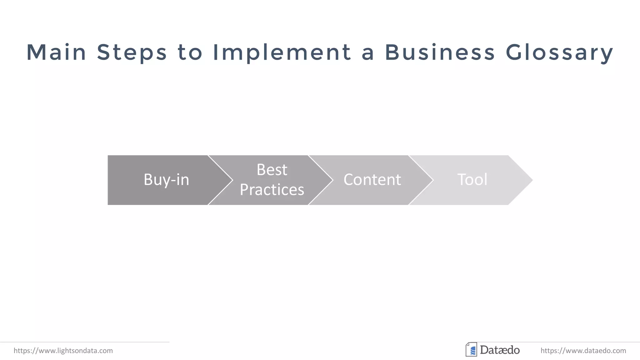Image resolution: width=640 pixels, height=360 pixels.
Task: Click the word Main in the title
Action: coord(56,52)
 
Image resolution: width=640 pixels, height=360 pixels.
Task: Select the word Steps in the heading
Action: coord(132,52)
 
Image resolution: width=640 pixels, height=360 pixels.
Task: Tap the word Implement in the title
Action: coord(282,52)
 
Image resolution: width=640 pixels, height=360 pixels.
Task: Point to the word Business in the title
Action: coord(440,52)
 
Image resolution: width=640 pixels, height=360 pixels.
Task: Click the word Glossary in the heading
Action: coord(559,52)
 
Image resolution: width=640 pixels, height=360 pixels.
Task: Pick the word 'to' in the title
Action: coord(190,52)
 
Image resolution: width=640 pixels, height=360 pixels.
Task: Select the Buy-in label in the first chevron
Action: coord(166,180)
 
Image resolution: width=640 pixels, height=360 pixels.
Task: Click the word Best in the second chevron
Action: coord(272,170)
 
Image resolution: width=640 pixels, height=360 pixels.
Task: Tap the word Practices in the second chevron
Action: coord(272,190)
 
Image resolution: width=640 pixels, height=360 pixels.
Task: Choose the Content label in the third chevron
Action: coord(372,180)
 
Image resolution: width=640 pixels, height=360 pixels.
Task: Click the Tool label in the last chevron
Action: coord(472,180)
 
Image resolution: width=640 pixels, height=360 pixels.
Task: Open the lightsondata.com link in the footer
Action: coord(63,351)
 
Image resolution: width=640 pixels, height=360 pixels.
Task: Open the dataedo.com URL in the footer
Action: coord(583,351)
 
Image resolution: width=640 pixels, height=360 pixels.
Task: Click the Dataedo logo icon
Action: coord(471,350)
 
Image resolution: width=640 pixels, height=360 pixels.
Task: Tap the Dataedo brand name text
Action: coord(500,350)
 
